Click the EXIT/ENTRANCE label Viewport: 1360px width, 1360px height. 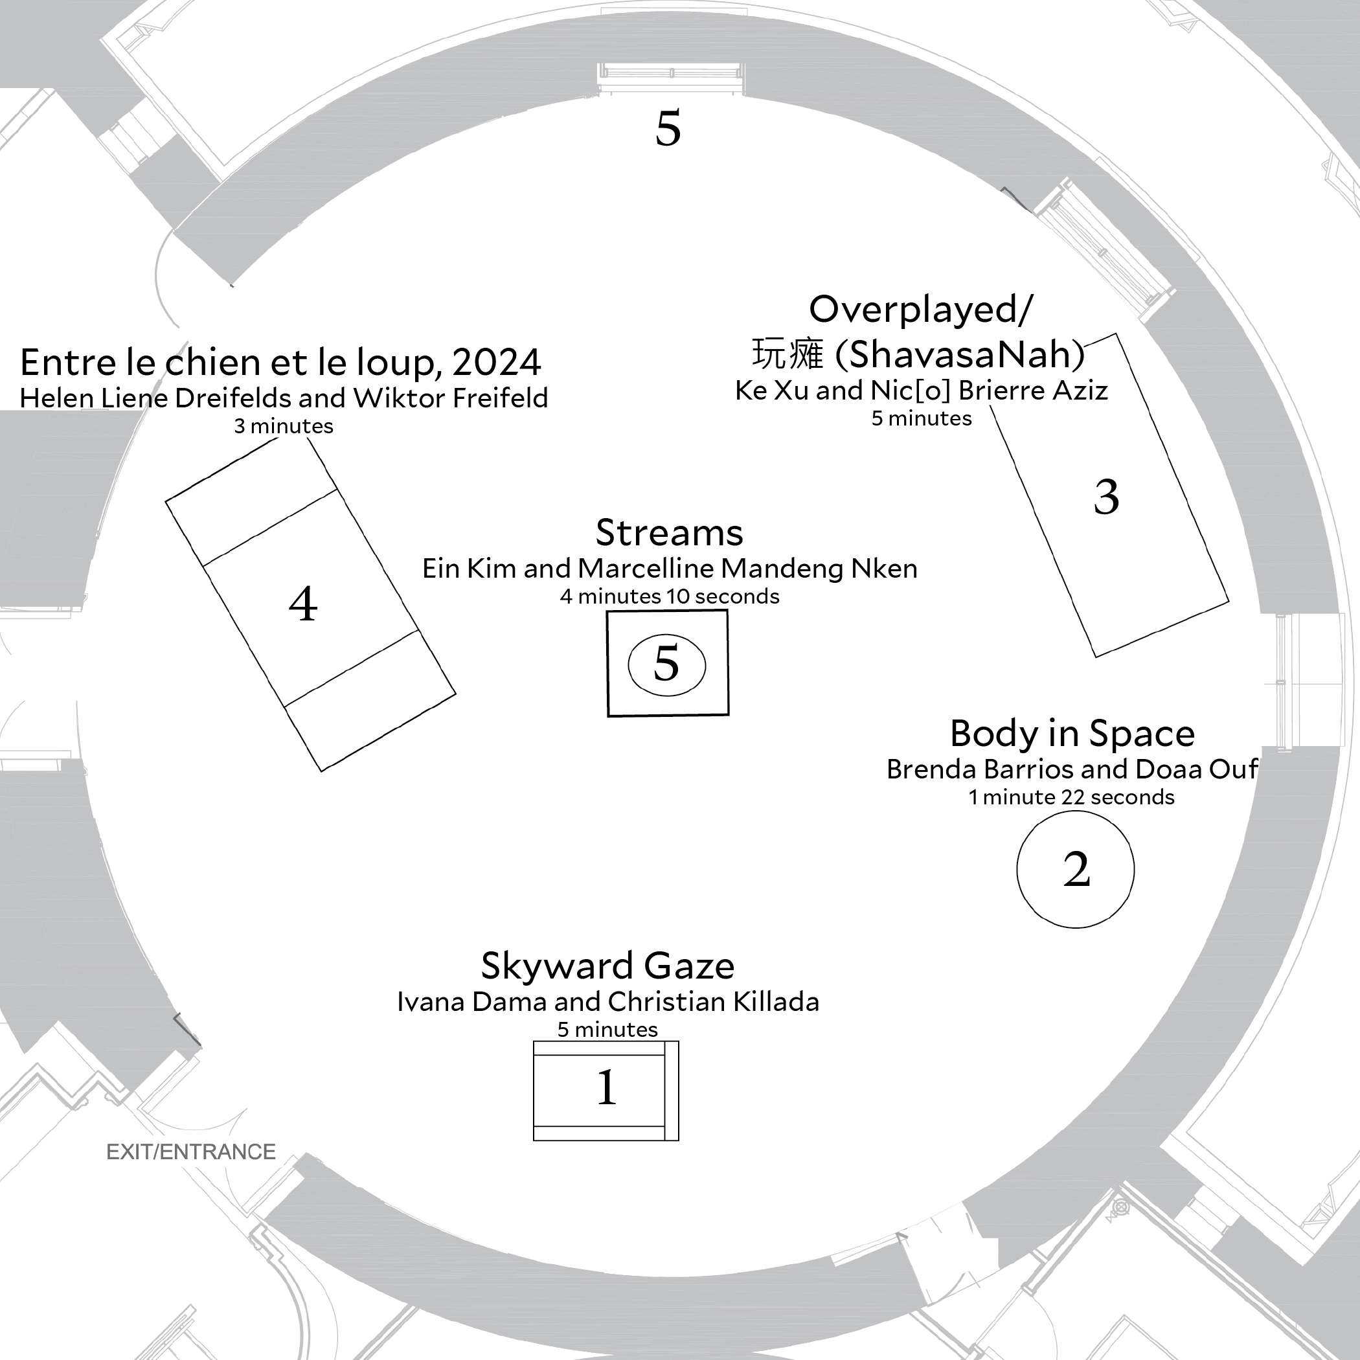pos(191,1151)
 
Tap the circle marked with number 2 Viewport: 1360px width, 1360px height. pos(1076,869)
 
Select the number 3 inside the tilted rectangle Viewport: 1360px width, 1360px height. pos(1106,497)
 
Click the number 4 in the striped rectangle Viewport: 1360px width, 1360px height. pos(303,604)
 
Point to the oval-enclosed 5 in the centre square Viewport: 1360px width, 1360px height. pos(666,663)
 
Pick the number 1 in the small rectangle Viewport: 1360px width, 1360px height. pos(606,1087)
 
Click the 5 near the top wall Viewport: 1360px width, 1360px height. pos(668,128)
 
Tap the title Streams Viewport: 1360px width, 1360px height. pos(670,532)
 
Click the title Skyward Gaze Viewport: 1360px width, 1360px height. pos(607,965)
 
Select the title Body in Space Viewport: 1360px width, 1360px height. pos(1072,734)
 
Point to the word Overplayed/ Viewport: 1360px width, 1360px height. pos(921,309)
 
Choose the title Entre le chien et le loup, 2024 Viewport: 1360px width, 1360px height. pos(280,363)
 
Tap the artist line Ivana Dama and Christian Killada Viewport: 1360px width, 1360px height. pos(608,1002)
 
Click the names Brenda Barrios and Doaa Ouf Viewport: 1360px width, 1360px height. pos(1072,769)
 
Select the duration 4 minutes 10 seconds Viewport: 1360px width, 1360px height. pos(670,596)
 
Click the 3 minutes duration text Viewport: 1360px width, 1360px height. pos(284,426)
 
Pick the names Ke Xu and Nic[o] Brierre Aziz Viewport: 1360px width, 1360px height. pos(922,391)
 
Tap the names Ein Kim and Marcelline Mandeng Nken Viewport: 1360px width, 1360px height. pos(670,569)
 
